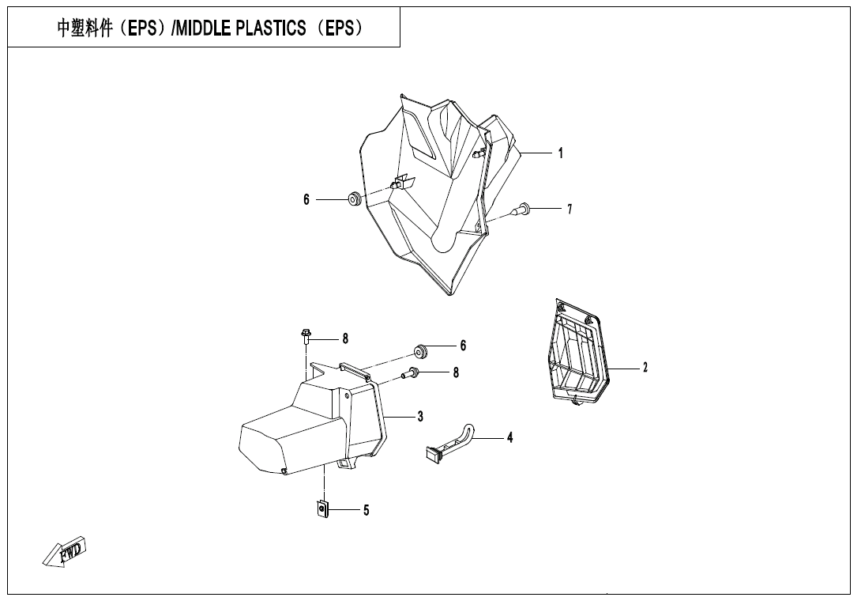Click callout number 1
click(561, 153)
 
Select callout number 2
click(645, 368)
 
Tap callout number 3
click(421, 416)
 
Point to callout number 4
click(510, 437)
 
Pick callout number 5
click(366, 511)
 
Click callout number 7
click(569, 210)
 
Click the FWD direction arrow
click(65, 552)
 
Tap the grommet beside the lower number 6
click(420, 349)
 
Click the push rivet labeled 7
click(522, 210)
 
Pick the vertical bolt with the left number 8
click(306, 338)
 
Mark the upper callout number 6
click(306, 200)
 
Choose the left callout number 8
click(345, 338)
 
